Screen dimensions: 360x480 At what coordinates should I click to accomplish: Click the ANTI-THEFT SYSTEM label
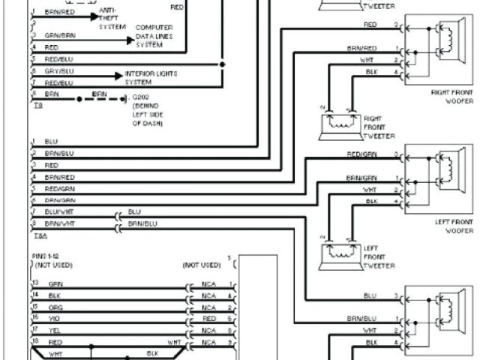pyautogui.click(x=112, y=17)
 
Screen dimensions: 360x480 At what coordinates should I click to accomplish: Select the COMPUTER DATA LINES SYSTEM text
pyautogui.click(x=154, y=36)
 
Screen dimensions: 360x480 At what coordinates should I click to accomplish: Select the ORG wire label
pyautogui.click(x=55, y=307)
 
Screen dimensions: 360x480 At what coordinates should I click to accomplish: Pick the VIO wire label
pyautogui.click(x=55, y=318)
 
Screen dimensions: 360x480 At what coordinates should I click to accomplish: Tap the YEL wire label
pyautogui.click(x=55, y=329)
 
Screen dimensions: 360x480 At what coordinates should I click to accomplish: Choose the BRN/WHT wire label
pyautogui.click(x=58, y=223)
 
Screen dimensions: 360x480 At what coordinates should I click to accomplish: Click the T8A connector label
pyautogui.click(x=37, y=235)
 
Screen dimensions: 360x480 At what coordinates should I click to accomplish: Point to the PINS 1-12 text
pyautogui.click(x=49, y=256)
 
